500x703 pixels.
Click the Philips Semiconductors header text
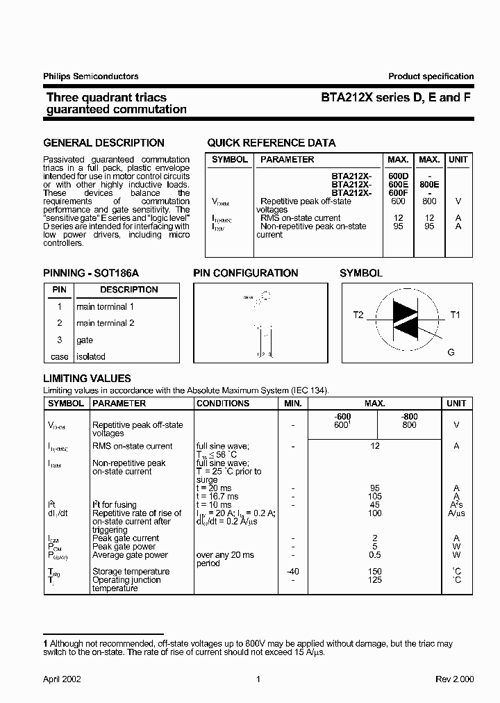pyautogui.click(x=90, y=76)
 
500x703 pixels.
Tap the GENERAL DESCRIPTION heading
pyautogui.click(x=103, y=143)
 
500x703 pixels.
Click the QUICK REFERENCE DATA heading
pyautogui.click(x=271, y=143)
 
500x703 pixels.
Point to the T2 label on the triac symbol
pyautogui.click(x=358, y=315)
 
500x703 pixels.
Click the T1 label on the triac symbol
pyautogui.click(x=456, y=315)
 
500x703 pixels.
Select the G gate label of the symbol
pyautogui.click(x=451, y=352)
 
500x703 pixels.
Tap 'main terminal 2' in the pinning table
pyautogui.click(x=106, y=323)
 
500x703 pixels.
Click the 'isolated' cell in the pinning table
pyautogui.click(x=91, y=356)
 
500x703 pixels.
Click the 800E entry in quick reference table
pyautogui.click(x=429, y=185)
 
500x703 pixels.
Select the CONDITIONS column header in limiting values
pyautogui.click(x=222, y=404)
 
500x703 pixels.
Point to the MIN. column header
pyautogui.click(x=293, y=404)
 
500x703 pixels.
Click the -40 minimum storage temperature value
pyautogui.click(x=293, y=572)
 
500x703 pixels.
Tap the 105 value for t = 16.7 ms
pyautogui.click(x=375, y=497)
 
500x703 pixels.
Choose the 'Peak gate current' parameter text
pyautogui.click(x=126, y=538)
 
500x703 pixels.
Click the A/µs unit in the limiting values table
pyautogui.click(x=456, y=513)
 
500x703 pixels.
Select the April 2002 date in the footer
pyautogui.click(x=62, y=679)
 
